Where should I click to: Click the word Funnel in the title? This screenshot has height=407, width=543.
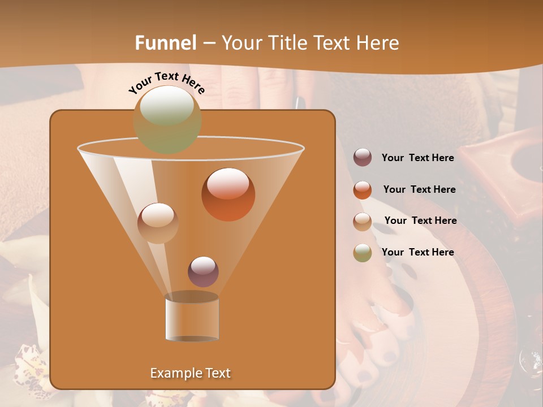point(166,43)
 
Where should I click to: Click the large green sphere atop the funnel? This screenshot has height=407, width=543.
point(167,119)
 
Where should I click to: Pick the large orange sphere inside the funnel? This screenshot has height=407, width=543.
point(228,194)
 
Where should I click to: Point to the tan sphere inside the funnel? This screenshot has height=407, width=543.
point(158,223)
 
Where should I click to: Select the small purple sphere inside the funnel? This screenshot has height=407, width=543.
point(203,271)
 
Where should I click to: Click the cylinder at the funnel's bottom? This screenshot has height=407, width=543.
point(192,318)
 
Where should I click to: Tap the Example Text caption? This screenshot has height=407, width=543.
point(191,373)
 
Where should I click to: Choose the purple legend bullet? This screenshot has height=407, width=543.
point(363,158)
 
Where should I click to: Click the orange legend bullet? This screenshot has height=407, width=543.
point(363,190)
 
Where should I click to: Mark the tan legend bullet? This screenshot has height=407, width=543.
point(363,221)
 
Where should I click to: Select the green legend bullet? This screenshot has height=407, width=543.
point(363,253)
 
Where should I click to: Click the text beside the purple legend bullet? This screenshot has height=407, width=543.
point(417,158)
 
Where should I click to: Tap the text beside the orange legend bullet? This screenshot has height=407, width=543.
point(419,189)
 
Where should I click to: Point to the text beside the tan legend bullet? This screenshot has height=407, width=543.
point(420,220)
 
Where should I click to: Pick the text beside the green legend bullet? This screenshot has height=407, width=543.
point(417,252)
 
